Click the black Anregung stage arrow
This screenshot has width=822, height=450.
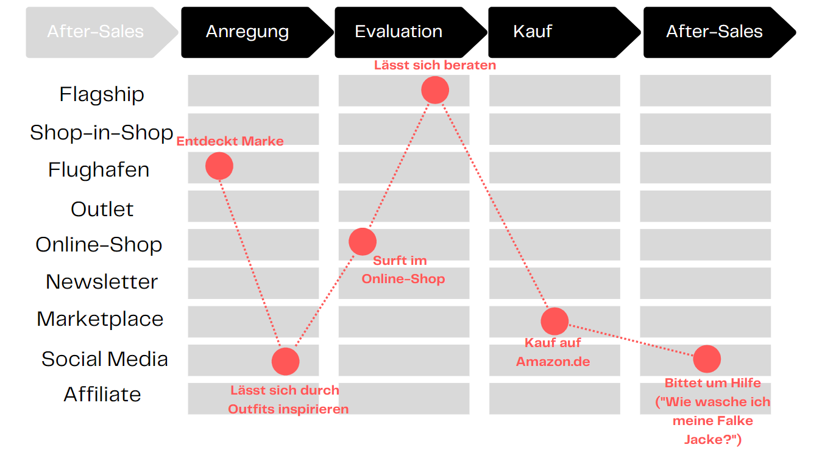coord(257,32)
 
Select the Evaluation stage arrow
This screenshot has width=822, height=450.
coord(411,32)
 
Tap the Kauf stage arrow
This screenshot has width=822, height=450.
coord(564,32)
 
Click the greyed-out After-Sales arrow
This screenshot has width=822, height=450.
coord(102,32)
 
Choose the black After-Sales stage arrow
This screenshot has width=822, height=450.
coord(720,32)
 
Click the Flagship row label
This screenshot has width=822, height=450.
coord(102,94)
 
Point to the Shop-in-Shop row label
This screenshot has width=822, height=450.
coord(101,132)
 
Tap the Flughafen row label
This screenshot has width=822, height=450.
coord(99,170)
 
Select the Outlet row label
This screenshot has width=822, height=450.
coord(102,209)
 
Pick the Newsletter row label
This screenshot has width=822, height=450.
coord(102,282)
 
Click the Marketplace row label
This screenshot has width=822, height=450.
coord(100,318)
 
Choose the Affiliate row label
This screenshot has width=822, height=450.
coord(102,394)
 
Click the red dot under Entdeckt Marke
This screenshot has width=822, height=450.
coord(219,166)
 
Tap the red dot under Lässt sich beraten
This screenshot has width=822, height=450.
coord(435,90)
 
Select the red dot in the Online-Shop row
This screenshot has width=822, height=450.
coord(363,241)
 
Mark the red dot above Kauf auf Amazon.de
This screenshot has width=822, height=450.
coord(554,322)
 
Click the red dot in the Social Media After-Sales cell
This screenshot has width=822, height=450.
coord(707,359)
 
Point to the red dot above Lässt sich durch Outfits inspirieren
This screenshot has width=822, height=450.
coord(286,361)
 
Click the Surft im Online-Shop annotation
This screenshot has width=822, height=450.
coord(403,270)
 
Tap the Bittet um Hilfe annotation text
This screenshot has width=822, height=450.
coord(713,411)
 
